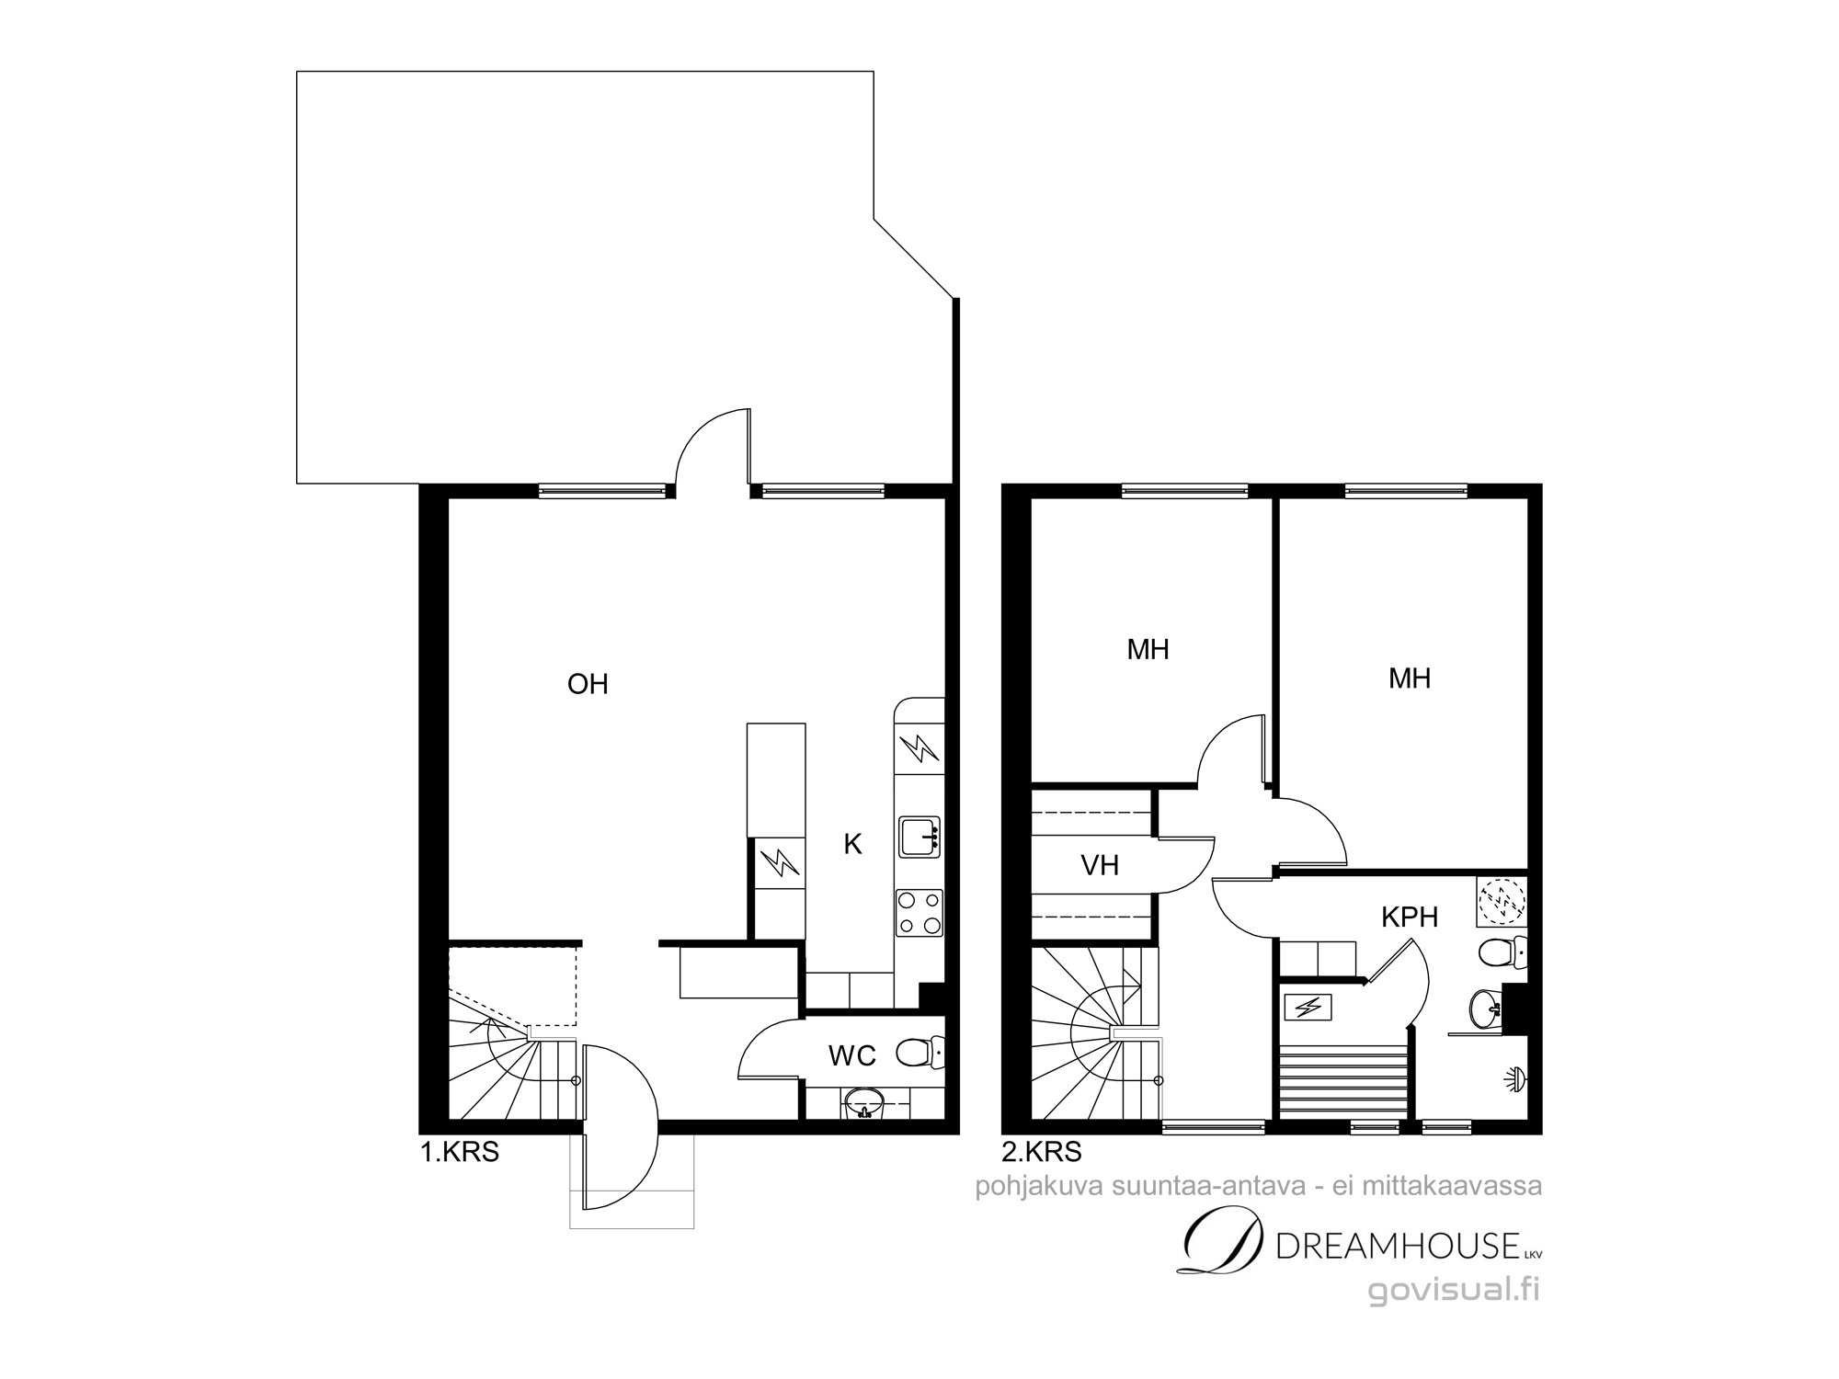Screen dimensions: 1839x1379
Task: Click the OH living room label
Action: tap(588, 684)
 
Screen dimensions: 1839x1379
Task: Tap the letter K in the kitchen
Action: tap(853, 845)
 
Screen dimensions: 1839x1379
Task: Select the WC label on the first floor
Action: tap(852, 1056)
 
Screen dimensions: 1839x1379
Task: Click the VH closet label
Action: tap(1100, 865)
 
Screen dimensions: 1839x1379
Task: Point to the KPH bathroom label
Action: tap(1410, 917)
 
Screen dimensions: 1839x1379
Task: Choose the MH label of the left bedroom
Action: tap(1148, 650)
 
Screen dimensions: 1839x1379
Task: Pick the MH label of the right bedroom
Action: tap(1410, 678)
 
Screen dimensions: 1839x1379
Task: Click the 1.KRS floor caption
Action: tap(460, 1152)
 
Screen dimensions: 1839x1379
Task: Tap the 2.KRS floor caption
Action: tap(1042, 1151)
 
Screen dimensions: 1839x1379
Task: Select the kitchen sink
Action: tap(919, 837)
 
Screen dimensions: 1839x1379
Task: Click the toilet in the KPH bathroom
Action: tap(1502, 953)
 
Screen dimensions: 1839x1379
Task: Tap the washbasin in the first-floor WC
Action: tap(862, 1102)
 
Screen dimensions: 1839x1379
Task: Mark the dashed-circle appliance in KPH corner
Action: tap(1502, 901)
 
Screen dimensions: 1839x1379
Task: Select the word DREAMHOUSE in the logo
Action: tap(1398, 1247)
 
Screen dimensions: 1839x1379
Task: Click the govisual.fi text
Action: tap(1454, 1290)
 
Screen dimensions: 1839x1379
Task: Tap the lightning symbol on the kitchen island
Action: tap(779, 863)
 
